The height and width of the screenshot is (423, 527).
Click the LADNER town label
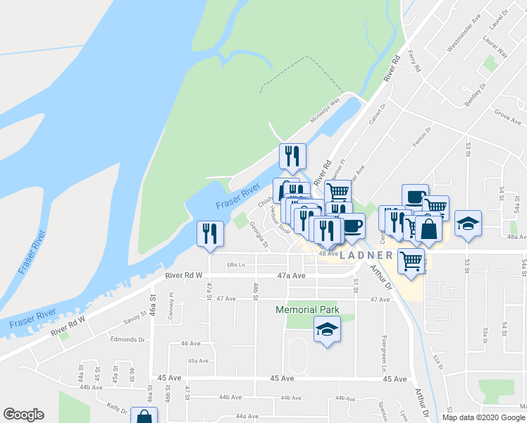pyautogui.click(x=366, y=255)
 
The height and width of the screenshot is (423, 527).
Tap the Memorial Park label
pyautogui.click(x=307, y=309)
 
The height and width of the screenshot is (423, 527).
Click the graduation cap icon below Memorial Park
pyautogui.click(x=327, y=330)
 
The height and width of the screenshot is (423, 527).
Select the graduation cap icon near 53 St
pyautogui.click(x=468, y=223)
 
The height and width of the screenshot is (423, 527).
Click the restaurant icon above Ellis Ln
pyautogui.click(x=210, y=233)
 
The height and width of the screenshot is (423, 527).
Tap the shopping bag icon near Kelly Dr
pyautogui.click(x=144, y=416)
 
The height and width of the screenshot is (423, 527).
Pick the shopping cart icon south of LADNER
pyautogui.click(x=411, y=260)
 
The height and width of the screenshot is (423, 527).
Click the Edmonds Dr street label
pyautogui.click(x=128, y=339)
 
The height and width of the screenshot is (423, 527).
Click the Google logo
pyautogui.click(x=23, y=415)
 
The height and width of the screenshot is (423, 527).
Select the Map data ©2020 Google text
pyautogui.click(x=483, y=417)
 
